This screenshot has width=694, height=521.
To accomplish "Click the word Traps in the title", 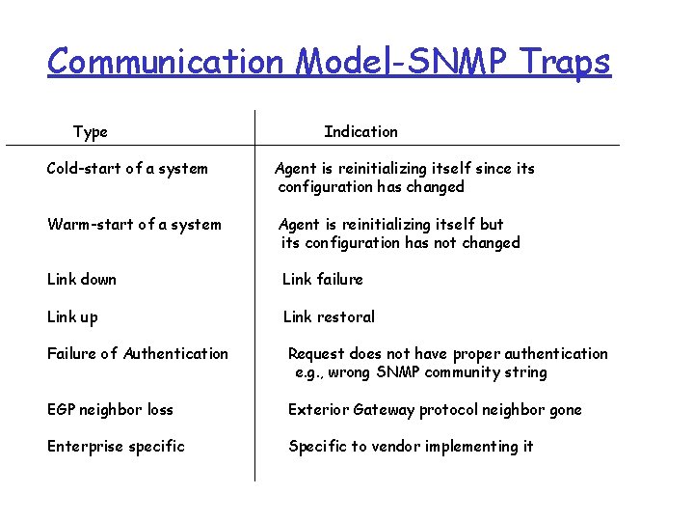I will pyautogui.click(x=566, y=62).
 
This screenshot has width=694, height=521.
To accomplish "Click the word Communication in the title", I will pyautogui.click(x=165, y=62).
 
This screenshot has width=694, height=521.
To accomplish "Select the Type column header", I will pyautogui.click(x=91, y=131).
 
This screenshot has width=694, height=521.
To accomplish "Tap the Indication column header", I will pyautogui.click(x=360, y=131).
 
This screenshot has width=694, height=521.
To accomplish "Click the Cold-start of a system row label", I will pyautogui.click(x=127, y=168).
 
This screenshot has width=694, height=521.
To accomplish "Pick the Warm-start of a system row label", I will pyautogui.click(x=134, y=224).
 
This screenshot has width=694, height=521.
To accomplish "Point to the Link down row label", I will pyautogui.click(x=82, y=279).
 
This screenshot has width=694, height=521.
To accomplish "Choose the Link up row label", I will pyautogui.click(x=72, y=316).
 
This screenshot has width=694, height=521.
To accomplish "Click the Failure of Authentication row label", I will pyautogui.click(x=138, y=353).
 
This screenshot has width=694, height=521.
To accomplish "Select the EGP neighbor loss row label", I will pyautogui.click(x=110, y=409).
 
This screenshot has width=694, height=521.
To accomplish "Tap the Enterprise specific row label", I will pyautogui.click(x=116, y=446).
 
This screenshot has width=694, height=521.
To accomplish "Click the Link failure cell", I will pyautogui.click(x=323, y=279).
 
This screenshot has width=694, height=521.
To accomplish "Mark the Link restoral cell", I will pyautogui.click(x=329, y=316).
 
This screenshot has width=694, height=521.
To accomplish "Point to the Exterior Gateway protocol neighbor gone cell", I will pyautogui.click(x=436, y=409).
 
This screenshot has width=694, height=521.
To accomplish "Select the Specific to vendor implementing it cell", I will pyautogui.click(x=412, y=446).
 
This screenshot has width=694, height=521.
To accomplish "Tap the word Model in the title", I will pyautogui.click(x=337, y=62).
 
